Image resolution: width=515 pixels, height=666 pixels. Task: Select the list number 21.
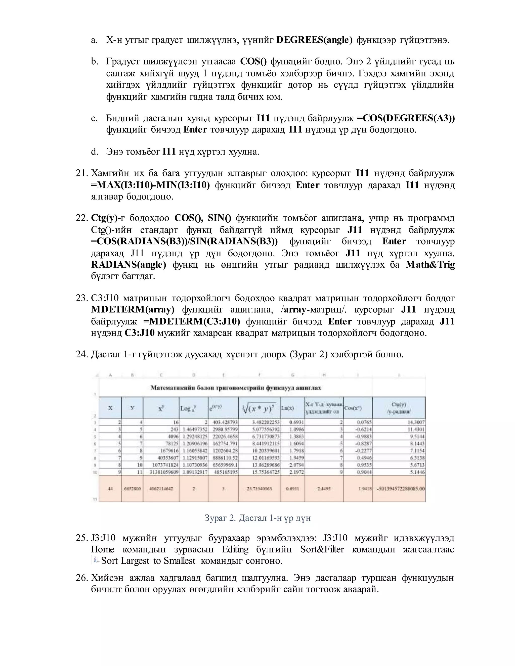click(x=81, y=173)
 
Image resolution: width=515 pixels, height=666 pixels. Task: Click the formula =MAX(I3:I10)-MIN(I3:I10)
click(x=150, y=185)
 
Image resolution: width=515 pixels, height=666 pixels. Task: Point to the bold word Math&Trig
click(x=430, y=264)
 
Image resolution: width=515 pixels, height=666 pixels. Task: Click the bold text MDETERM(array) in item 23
click(x=133, y=310)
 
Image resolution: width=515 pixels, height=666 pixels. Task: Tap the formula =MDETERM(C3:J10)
click(x=191, y=321)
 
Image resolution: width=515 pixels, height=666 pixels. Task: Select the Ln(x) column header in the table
click(x=287, y=408)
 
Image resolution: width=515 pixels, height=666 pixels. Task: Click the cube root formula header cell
click(x=259, y=408)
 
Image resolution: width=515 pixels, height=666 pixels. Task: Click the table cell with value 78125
click(x=171, y=443)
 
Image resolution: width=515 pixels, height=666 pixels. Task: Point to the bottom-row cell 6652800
click(x=132, y=489)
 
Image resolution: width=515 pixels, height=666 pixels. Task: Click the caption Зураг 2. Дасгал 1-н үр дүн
click(x=257, y=518)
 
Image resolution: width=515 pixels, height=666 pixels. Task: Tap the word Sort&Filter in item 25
click(x=322, y=549)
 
